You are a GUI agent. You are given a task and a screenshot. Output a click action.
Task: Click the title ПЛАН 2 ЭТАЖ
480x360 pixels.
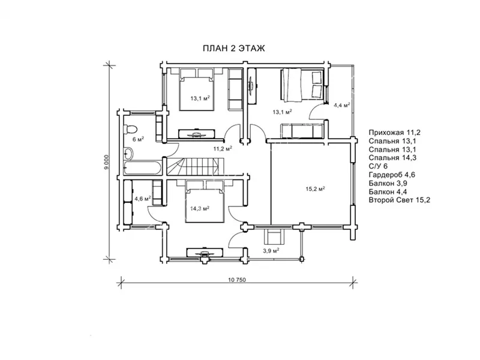coord(234,49)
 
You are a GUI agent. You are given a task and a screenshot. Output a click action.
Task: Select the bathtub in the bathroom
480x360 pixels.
coord(142,168)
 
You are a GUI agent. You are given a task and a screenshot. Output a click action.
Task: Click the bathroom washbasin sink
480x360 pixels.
coord(128,152)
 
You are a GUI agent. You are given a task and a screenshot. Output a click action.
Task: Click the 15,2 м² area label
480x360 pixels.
coord(316,188)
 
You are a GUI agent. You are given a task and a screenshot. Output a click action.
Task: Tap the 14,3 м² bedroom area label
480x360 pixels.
coord(200,209)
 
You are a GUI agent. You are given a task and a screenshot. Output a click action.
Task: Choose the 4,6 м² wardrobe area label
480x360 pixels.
coord(143,199)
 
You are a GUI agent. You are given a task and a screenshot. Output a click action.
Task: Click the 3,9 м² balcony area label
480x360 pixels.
coord(271,251)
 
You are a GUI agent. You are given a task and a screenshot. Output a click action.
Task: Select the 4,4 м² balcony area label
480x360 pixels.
coord(341,106)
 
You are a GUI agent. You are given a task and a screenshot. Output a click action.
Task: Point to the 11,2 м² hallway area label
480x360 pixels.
coord(223,149)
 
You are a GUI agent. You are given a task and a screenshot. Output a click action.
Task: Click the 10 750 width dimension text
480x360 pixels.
coord(237,280)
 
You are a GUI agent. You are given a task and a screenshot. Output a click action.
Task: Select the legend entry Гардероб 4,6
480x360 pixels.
coord(392,175)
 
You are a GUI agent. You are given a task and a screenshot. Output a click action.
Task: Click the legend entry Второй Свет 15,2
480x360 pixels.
coord(400,200)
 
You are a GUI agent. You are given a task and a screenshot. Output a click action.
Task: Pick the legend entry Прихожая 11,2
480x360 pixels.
coord(395,133)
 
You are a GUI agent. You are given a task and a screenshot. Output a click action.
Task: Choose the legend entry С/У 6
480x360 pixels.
coord(378,166)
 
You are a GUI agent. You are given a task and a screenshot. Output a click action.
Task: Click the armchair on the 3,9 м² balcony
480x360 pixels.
coord(274,236)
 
